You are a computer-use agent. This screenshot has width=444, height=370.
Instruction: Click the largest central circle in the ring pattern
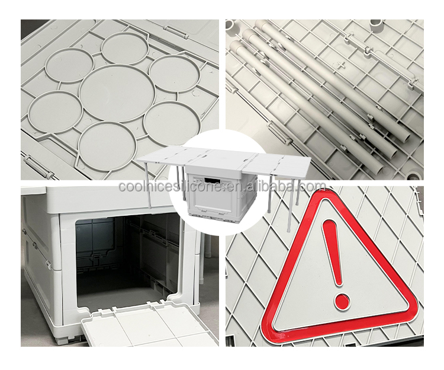(117, 93)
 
